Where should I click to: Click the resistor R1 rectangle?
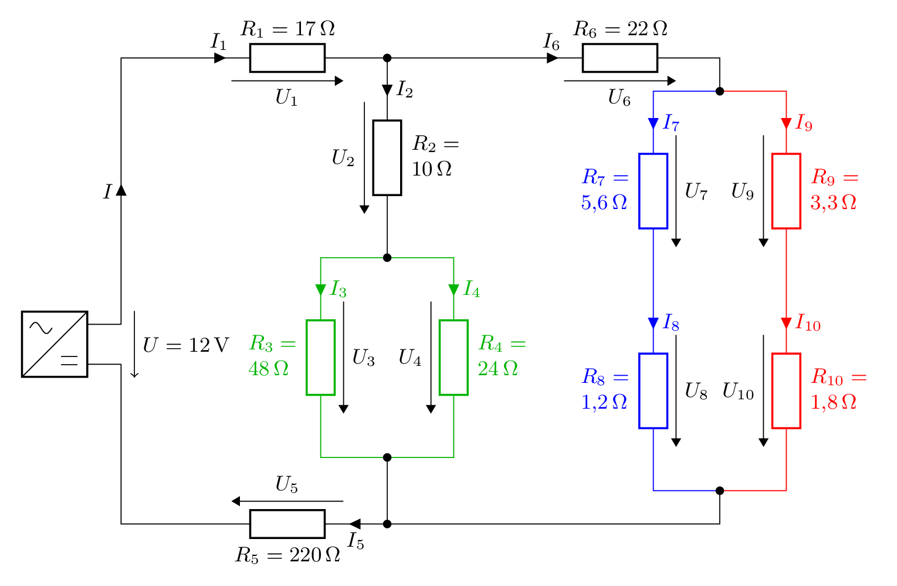[287, 58]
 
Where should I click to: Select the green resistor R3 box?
[320, 358]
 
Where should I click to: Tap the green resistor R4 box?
[453, 358]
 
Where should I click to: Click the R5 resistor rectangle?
[287, 524]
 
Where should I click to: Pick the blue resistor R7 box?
[653, 191]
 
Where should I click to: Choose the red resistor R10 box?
[786, 390]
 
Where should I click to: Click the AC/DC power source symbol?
[55, 344]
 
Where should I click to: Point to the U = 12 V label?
[185, 345]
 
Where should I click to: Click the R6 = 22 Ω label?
[620, 29]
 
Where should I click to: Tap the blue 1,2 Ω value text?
[604, 402]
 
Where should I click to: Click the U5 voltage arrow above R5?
[287, 501]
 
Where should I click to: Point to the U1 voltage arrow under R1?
[287, 81]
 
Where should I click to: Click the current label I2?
[405, 89]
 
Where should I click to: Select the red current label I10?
[808, 323]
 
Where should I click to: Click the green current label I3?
[339, 289]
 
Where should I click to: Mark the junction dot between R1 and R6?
[387, 58]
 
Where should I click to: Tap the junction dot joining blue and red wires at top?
[720, 91]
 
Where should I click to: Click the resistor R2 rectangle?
[387, 157]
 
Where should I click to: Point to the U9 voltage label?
[742, 191]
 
